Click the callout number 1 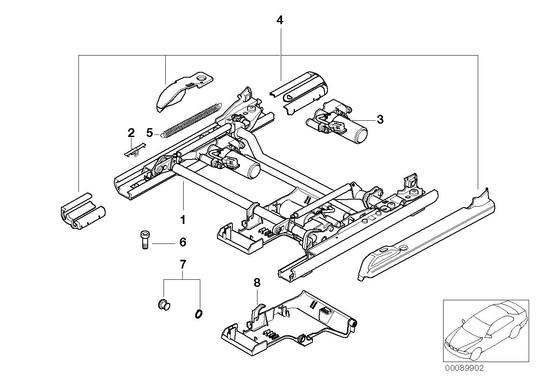click(182, 219)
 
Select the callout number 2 click(131, 133)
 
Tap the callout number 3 click(379, 119)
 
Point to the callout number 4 click(280, 20)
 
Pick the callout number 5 click(150, 133)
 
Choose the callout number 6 click(182, 242)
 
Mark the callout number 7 click(182, 264)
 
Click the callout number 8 click(257, 283)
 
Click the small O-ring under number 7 click(199, 313)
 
